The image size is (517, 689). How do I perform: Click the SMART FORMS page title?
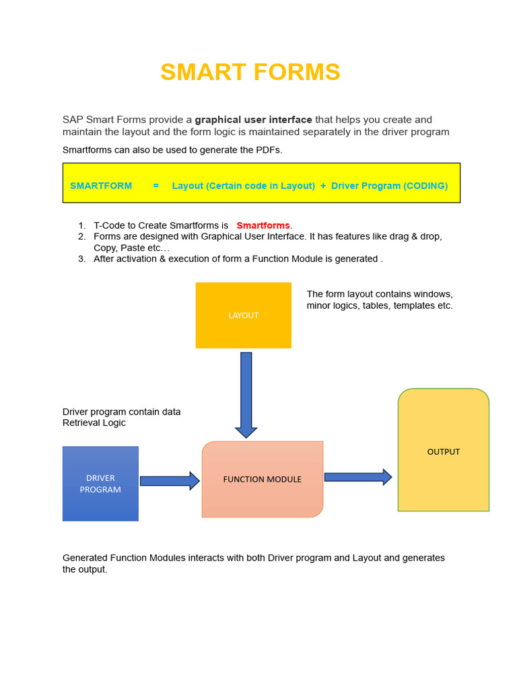click(250, 72)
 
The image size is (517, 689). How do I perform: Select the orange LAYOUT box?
click(243, 315)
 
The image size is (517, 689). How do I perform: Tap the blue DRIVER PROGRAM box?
click(100, 484)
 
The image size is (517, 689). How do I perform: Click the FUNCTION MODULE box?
click(263, 479)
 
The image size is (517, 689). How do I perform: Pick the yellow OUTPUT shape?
click(444, 451)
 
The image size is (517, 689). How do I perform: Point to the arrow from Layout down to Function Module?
click(246, 394)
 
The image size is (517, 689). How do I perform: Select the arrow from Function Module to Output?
click(357, 477)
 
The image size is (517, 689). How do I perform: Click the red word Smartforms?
click(263, 225)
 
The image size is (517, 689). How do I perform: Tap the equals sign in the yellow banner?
click(156, 186)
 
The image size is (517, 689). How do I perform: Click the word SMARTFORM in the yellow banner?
click(101, 186)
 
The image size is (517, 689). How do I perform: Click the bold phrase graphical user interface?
click(254, 120)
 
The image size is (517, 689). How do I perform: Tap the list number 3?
click(81, 258)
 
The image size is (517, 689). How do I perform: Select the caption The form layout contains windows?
click(380, 294)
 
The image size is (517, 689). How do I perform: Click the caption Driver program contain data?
click(122, 412)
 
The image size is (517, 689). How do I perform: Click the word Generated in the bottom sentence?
click(85, 558)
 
